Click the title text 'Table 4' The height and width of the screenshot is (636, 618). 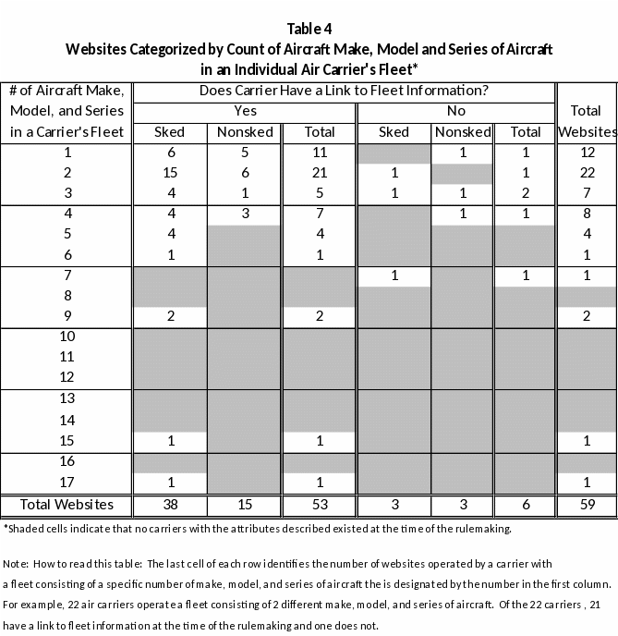(309, 28)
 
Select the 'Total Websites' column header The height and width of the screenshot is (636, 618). (587, 121)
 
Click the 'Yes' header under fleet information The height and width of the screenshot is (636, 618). (245, 111)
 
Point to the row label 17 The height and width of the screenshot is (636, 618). (67, 482)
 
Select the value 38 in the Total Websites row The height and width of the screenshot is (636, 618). (170, 506)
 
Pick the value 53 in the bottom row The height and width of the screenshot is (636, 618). (320, 506)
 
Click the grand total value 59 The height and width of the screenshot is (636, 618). (587, 506)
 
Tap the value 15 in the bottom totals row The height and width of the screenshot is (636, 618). (245, 506)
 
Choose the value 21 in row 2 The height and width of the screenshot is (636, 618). (320, 173)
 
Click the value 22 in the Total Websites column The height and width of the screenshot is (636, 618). (587, 173)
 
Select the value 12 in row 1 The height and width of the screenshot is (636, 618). (587, 153)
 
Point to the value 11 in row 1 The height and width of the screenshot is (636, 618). (320, 153)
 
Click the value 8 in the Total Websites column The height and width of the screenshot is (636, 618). (587, 214)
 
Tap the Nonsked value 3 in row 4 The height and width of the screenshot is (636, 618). (245, 214)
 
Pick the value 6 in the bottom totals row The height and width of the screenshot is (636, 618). (526, 506)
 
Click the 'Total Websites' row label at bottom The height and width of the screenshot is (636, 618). (67, 505)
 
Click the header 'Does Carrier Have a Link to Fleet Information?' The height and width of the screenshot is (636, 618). (344, 91)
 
